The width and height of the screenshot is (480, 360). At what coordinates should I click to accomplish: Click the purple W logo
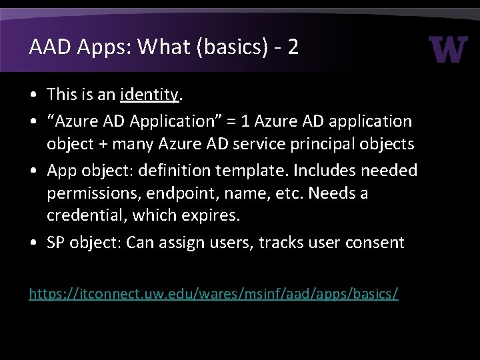(x=448, y=49)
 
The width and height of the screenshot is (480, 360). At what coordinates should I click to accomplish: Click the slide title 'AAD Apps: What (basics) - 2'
(x=163, y=47)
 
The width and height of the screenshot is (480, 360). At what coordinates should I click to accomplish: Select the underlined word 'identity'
(x=150, y=95)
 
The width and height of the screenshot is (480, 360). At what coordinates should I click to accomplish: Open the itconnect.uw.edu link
(x=213, y=293)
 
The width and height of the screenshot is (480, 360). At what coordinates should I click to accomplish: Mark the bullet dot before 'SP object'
(x=33, y=243)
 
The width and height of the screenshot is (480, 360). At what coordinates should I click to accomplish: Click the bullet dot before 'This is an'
(x=33, y=95)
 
